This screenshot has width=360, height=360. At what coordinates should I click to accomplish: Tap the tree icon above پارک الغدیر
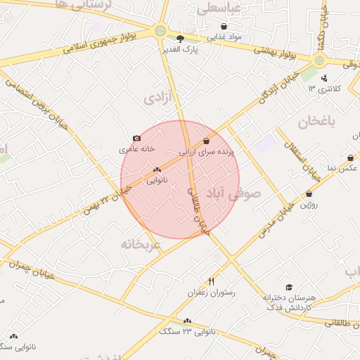180,39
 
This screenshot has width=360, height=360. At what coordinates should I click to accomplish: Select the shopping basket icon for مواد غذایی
224,26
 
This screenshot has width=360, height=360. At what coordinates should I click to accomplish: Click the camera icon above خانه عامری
136,139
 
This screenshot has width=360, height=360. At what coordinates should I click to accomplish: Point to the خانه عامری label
136,149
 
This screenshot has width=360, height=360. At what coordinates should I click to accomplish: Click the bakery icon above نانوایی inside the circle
157,169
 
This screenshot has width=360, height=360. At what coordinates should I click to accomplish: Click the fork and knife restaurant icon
212,281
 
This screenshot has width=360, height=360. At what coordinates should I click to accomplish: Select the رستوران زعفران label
211,292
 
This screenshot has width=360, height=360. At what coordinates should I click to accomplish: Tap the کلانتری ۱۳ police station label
326,89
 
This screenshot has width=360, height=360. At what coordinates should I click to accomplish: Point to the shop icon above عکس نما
351,158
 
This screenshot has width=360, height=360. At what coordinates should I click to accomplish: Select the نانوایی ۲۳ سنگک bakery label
186,330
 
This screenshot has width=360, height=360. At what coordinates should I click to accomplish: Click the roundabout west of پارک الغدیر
161,30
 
